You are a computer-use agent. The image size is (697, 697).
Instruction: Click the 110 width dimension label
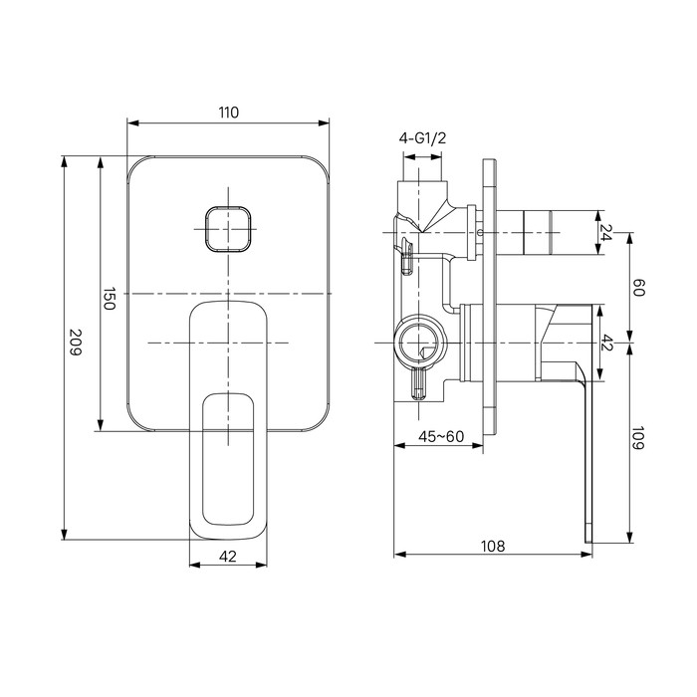pos(228,113)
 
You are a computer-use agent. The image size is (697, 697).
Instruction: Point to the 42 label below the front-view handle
pos(228,557)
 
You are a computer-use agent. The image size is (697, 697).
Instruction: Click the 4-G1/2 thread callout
pos(422,139)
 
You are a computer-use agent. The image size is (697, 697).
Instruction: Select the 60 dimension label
pos(639,288)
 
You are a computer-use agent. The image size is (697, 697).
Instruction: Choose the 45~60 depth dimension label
pos(439,435)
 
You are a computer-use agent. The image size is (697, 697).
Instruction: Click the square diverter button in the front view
pos(228,230)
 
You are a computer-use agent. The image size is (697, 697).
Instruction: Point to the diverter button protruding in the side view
pos(548,233)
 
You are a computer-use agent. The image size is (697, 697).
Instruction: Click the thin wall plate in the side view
pos(488,299)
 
